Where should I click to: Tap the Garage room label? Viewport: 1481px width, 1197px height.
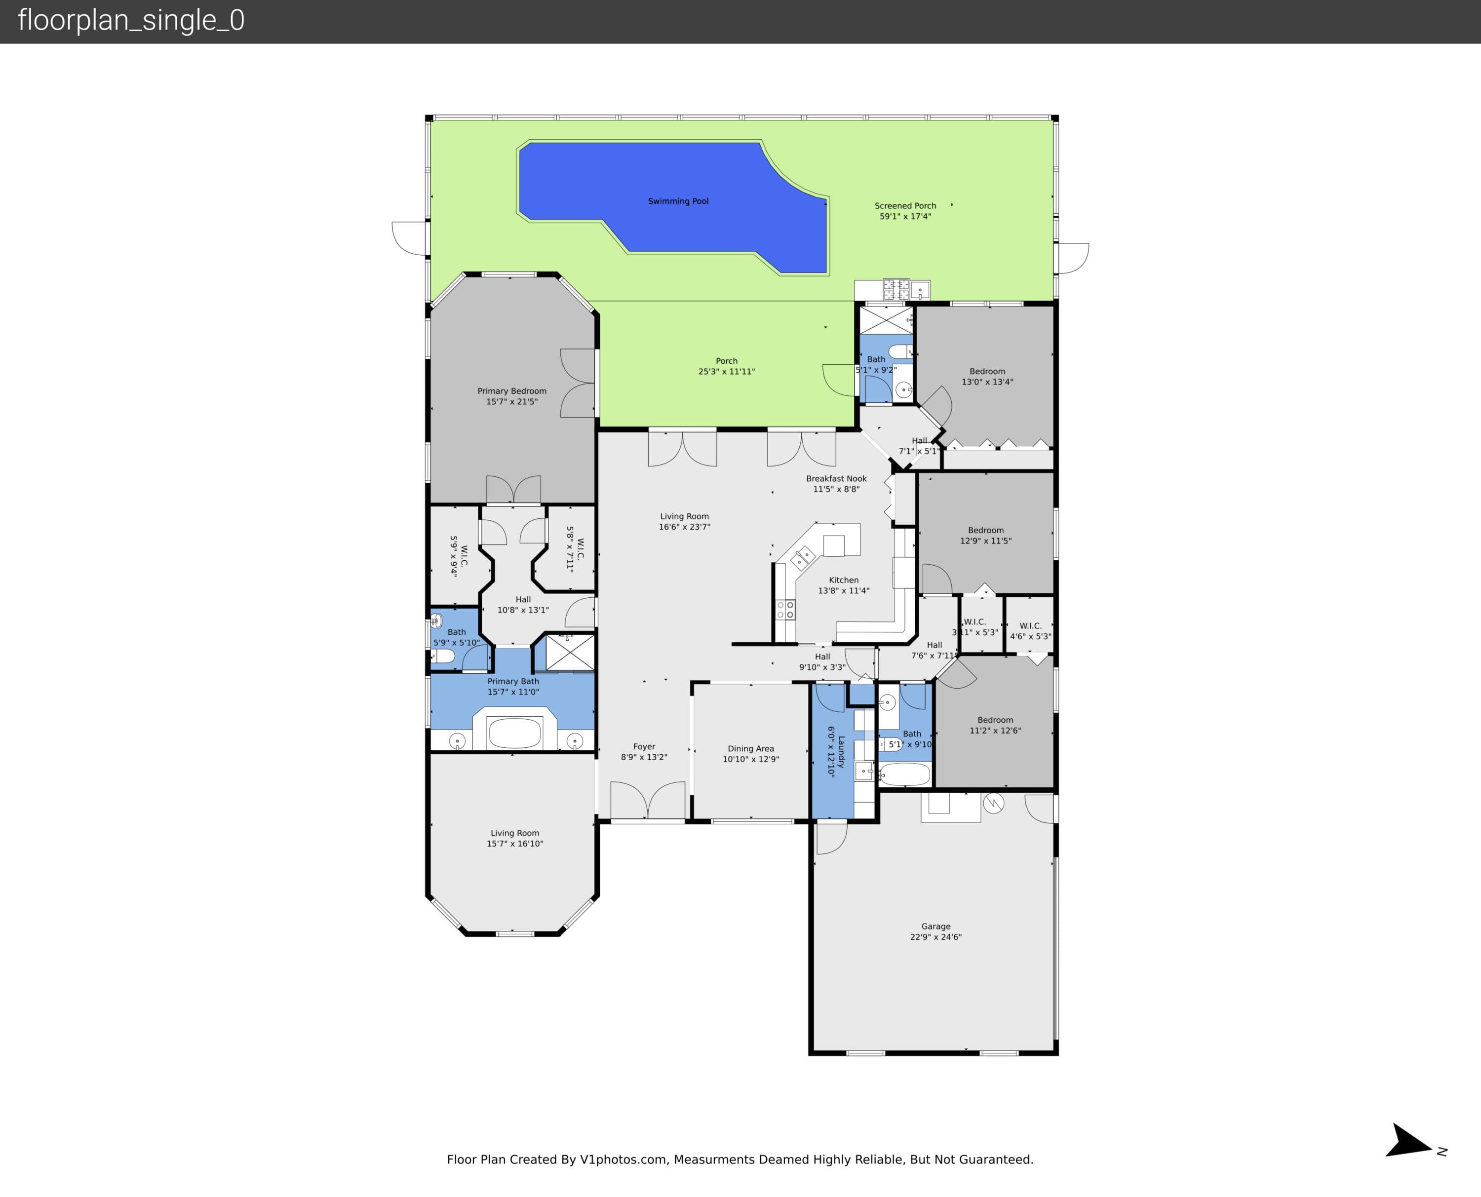point(935,926)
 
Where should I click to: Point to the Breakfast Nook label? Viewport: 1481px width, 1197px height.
point(836,478)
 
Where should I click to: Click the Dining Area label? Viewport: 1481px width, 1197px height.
point(751,748)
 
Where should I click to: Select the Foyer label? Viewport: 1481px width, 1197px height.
point(644,746)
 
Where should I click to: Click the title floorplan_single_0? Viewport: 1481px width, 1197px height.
point(131,21)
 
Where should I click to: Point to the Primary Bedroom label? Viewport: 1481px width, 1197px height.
point(511,391)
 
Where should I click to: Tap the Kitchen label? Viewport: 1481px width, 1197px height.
point(844,580)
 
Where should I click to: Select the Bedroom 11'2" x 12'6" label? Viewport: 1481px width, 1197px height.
point(995,725)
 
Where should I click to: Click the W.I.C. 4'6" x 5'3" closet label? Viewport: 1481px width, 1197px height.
point(1031,631)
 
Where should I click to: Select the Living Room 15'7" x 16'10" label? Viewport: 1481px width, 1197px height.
point(515,838)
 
